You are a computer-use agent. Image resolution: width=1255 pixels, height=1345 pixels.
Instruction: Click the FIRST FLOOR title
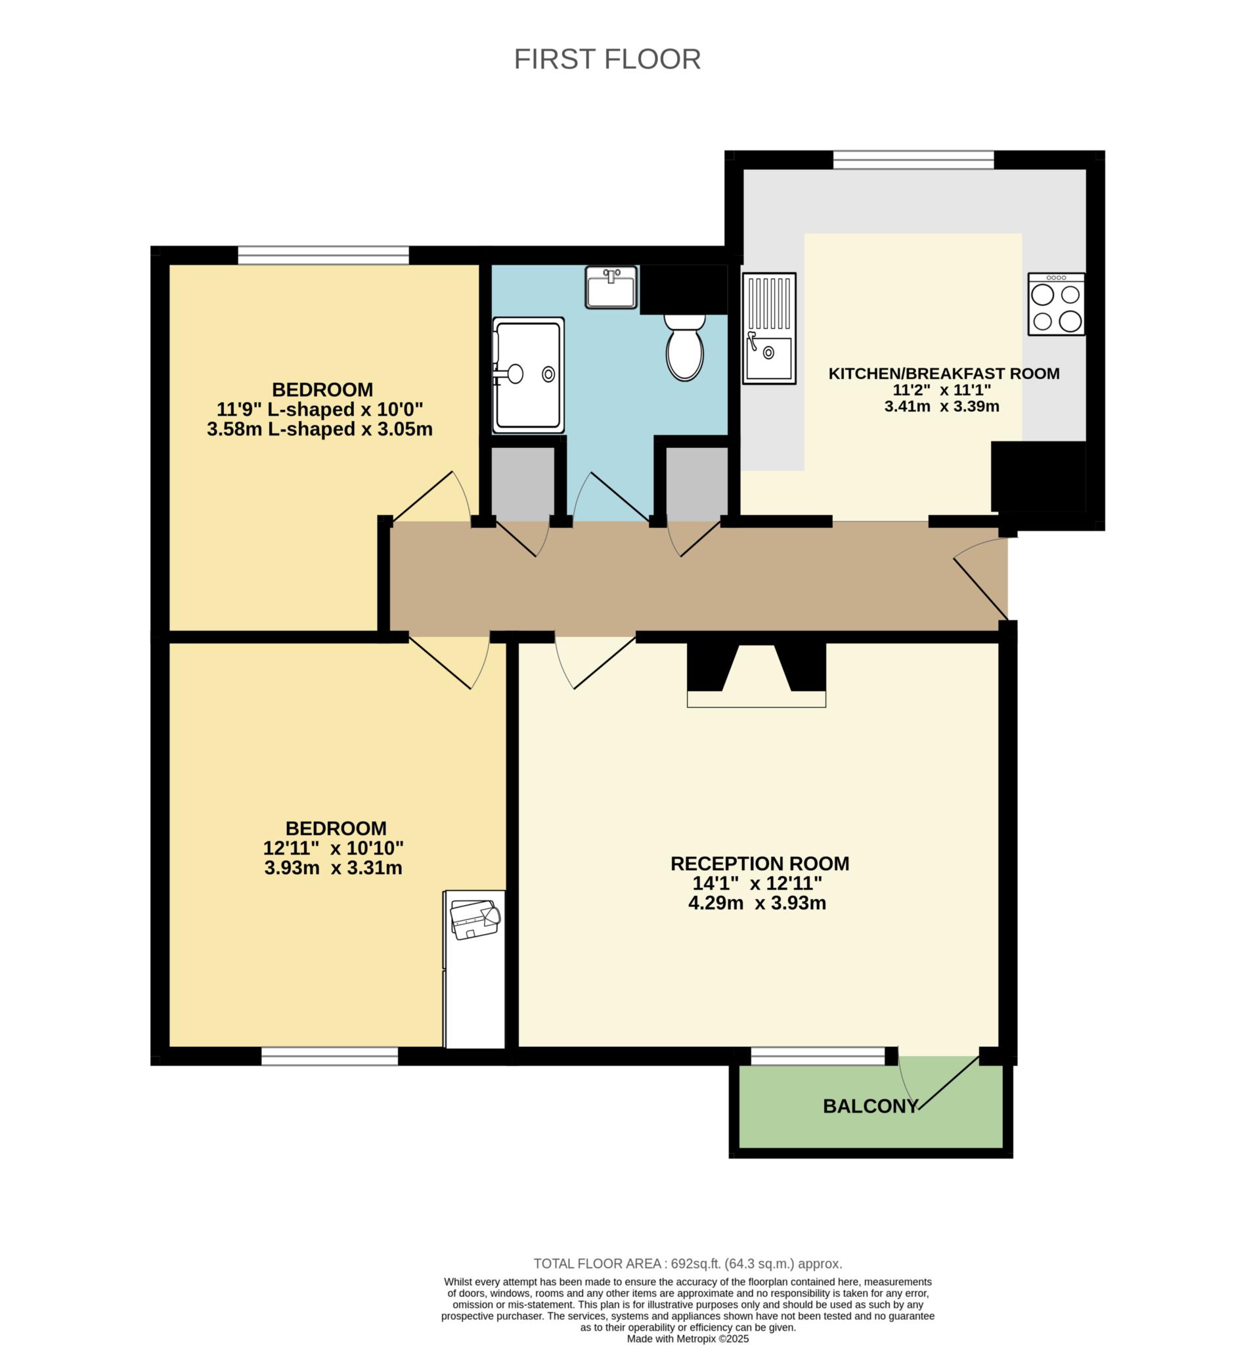click(607, 60)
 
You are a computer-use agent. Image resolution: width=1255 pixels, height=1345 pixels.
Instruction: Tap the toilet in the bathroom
click(684, 348)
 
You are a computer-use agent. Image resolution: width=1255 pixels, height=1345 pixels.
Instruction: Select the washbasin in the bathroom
click(611, 288)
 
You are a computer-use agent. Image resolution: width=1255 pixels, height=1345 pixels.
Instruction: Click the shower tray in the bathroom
click(528, 375)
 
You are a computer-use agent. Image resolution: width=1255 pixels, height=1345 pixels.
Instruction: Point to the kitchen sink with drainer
click(768, 328)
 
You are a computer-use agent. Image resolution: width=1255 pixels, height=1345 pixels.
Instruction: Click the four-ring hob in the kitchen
click(1055, 304)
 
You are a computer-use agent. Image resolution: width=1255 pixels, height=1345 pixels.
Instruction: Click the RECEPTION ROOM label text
click(759, 864)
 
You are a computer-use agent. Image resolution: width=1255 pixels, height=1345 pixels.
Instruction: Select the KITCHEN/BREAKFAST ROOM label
click(943, 374)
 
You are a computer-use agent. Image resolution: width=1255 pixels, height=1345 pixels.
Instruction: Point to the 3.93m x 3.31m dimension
click(333, 868)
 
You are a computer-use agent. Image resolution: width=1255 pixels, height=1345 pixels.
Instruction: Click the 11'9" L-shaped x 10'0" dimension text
click(319, 409)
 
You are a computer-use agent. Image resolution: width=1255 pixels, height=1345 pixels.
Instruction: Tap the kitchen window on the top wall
click(913, 160)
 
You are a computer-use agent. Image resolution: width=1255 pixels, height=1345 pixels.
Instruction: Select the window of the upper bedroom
click(322, 255)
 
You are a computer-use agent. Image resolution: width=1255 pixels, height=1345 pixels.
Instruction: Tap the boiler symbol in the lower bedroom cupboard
click(474, 919)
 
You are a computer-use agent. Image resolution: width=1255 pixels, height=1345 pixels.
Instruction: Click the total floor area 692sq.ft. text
click(688, 1263)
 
